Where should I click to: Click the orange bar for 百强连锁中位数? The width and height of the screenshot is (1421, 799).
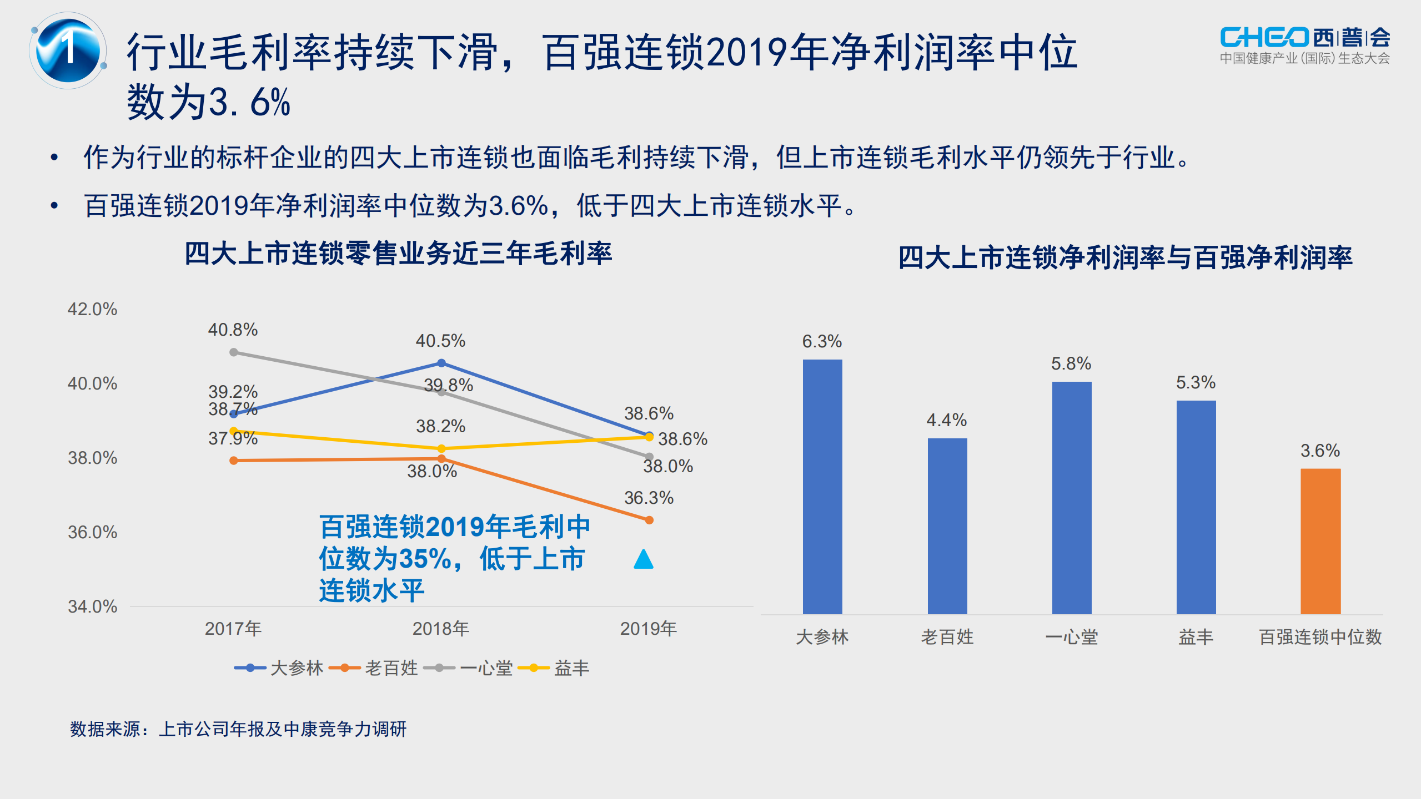(x=1320, y=541)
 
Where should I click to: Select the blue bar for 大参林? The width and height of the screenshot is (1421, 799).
(x=822, y=487)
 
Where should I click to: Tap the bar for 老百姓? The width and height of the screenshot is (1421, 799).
(x=947, y=526)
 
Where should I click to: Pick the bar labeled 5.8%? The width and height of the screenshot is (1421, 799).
(x=1071, y=498)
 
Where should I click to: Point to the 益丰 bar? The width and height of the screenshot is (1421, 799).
(x=1196, y=507)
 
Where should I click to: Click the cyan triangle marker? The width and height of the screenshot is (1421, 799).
(x=644, y=559)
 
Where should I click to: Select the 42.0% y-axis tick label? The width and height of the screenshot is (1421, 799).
(x=92, y=309)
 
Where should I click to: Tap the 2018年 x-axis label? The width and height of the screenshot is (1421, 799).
(x=440, y=629)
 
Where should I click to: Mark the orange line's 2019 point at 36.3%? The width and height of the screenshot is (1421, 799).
(x=649, y=520)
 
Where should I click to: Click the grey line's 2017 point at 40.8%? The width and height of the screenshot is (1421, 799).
(x=234, y=352)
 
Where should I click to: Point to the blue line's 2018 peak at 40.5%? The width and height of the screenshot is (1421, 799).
(x=441, y=363)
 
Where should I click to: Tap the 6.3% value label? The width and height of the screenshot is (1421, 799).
(x=822, y=341)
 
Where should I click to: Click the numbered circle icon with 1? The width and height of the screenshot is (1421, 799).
(x=68, y=50)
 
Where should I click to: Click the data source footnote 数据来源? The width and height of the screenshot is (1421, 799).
(x=238, y=729)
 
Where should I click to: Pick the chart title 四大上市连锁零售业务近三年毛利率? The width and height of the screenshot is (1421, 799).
(x=398, y=254)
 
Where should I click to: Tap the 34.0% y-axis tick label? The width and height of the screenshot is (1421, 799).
(x=92, y=606)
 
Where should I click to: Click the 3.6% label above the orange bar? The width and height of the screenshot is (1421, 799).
(x=1320, y=451)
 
